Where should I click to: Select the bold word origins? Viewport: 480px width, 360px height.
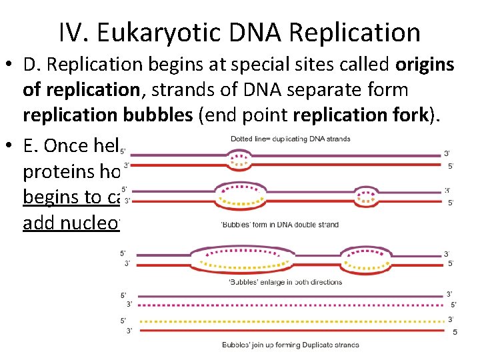click(x=425, y=65)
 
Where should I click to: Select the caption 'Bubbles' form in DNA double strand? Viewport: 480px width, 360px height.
click(x=279, y=225)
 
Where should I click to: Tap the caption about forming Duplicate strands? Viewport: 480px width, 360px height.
click(x=290, y=345)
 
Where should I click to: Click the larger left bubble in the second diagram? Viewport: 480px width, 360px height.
click(x=240, y=194)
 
